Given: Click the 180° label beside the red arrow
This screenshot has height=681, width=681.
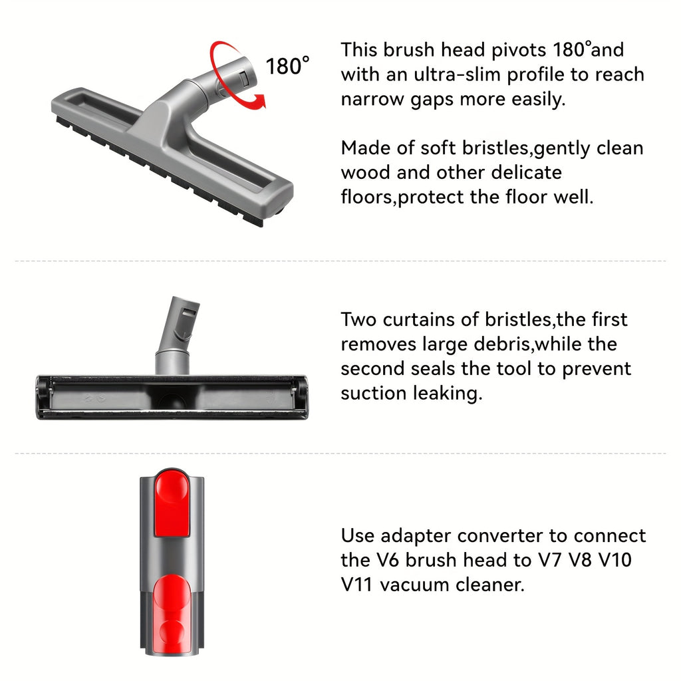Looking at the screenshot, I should coord(287,66).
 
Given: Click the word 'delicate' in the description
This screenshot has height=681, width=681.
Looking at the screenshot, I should coord(521,172).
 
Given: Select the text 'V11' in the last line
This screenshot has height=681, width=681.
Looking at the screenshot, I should coord(358,585).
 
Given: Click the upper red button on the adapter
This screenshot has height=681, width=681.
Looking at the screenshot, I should coord(172,503).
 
